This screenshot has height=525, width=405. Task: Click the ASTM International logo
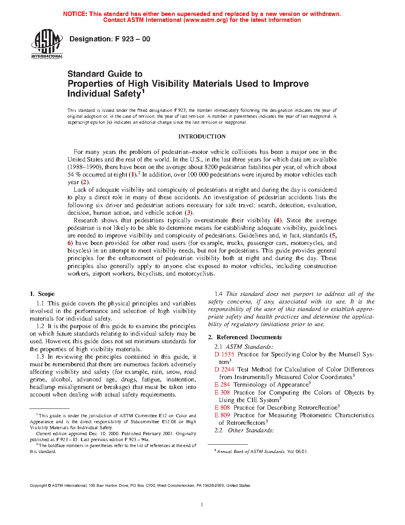coord(47,44)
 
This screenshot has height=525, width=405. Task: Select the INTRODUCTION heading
coord(202,136)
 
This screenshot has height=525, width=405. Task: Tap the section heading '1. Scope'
coord(42,294)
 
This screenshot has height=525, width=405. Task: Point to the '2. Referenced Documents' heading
coord(245,337)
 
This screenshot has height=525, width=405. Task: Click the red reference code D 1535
coord(224,354)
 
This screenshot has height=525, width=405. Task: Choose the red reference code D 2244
coord(224,369)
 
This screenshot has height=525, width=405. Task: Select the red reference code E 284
coord(222,385)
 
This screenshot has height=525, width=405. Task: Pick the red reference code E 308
coord(222,393)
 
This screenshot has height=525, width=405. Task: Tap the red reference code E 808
coord(222,408)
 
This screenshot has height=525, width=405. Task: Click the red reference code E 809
coord(222,415)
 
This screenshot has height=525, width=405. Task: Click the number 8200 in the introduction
coord(212,167)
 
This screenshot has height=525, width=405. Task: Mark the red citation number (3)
coord(189,213)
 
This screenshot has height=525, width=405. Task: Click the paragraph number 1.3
coord(40,357)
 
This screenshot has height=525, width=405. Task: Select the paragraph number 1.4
coord(218,294)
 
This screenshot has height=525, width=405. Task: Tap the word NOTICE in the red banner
coord(75,14)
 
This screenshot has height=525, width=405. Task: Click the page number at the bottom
coord(202,505)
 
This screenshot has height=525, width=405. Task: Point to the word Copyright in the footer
coord(39,486)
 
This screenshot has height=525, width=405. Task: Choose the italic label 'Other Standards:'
coord(251,430)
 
